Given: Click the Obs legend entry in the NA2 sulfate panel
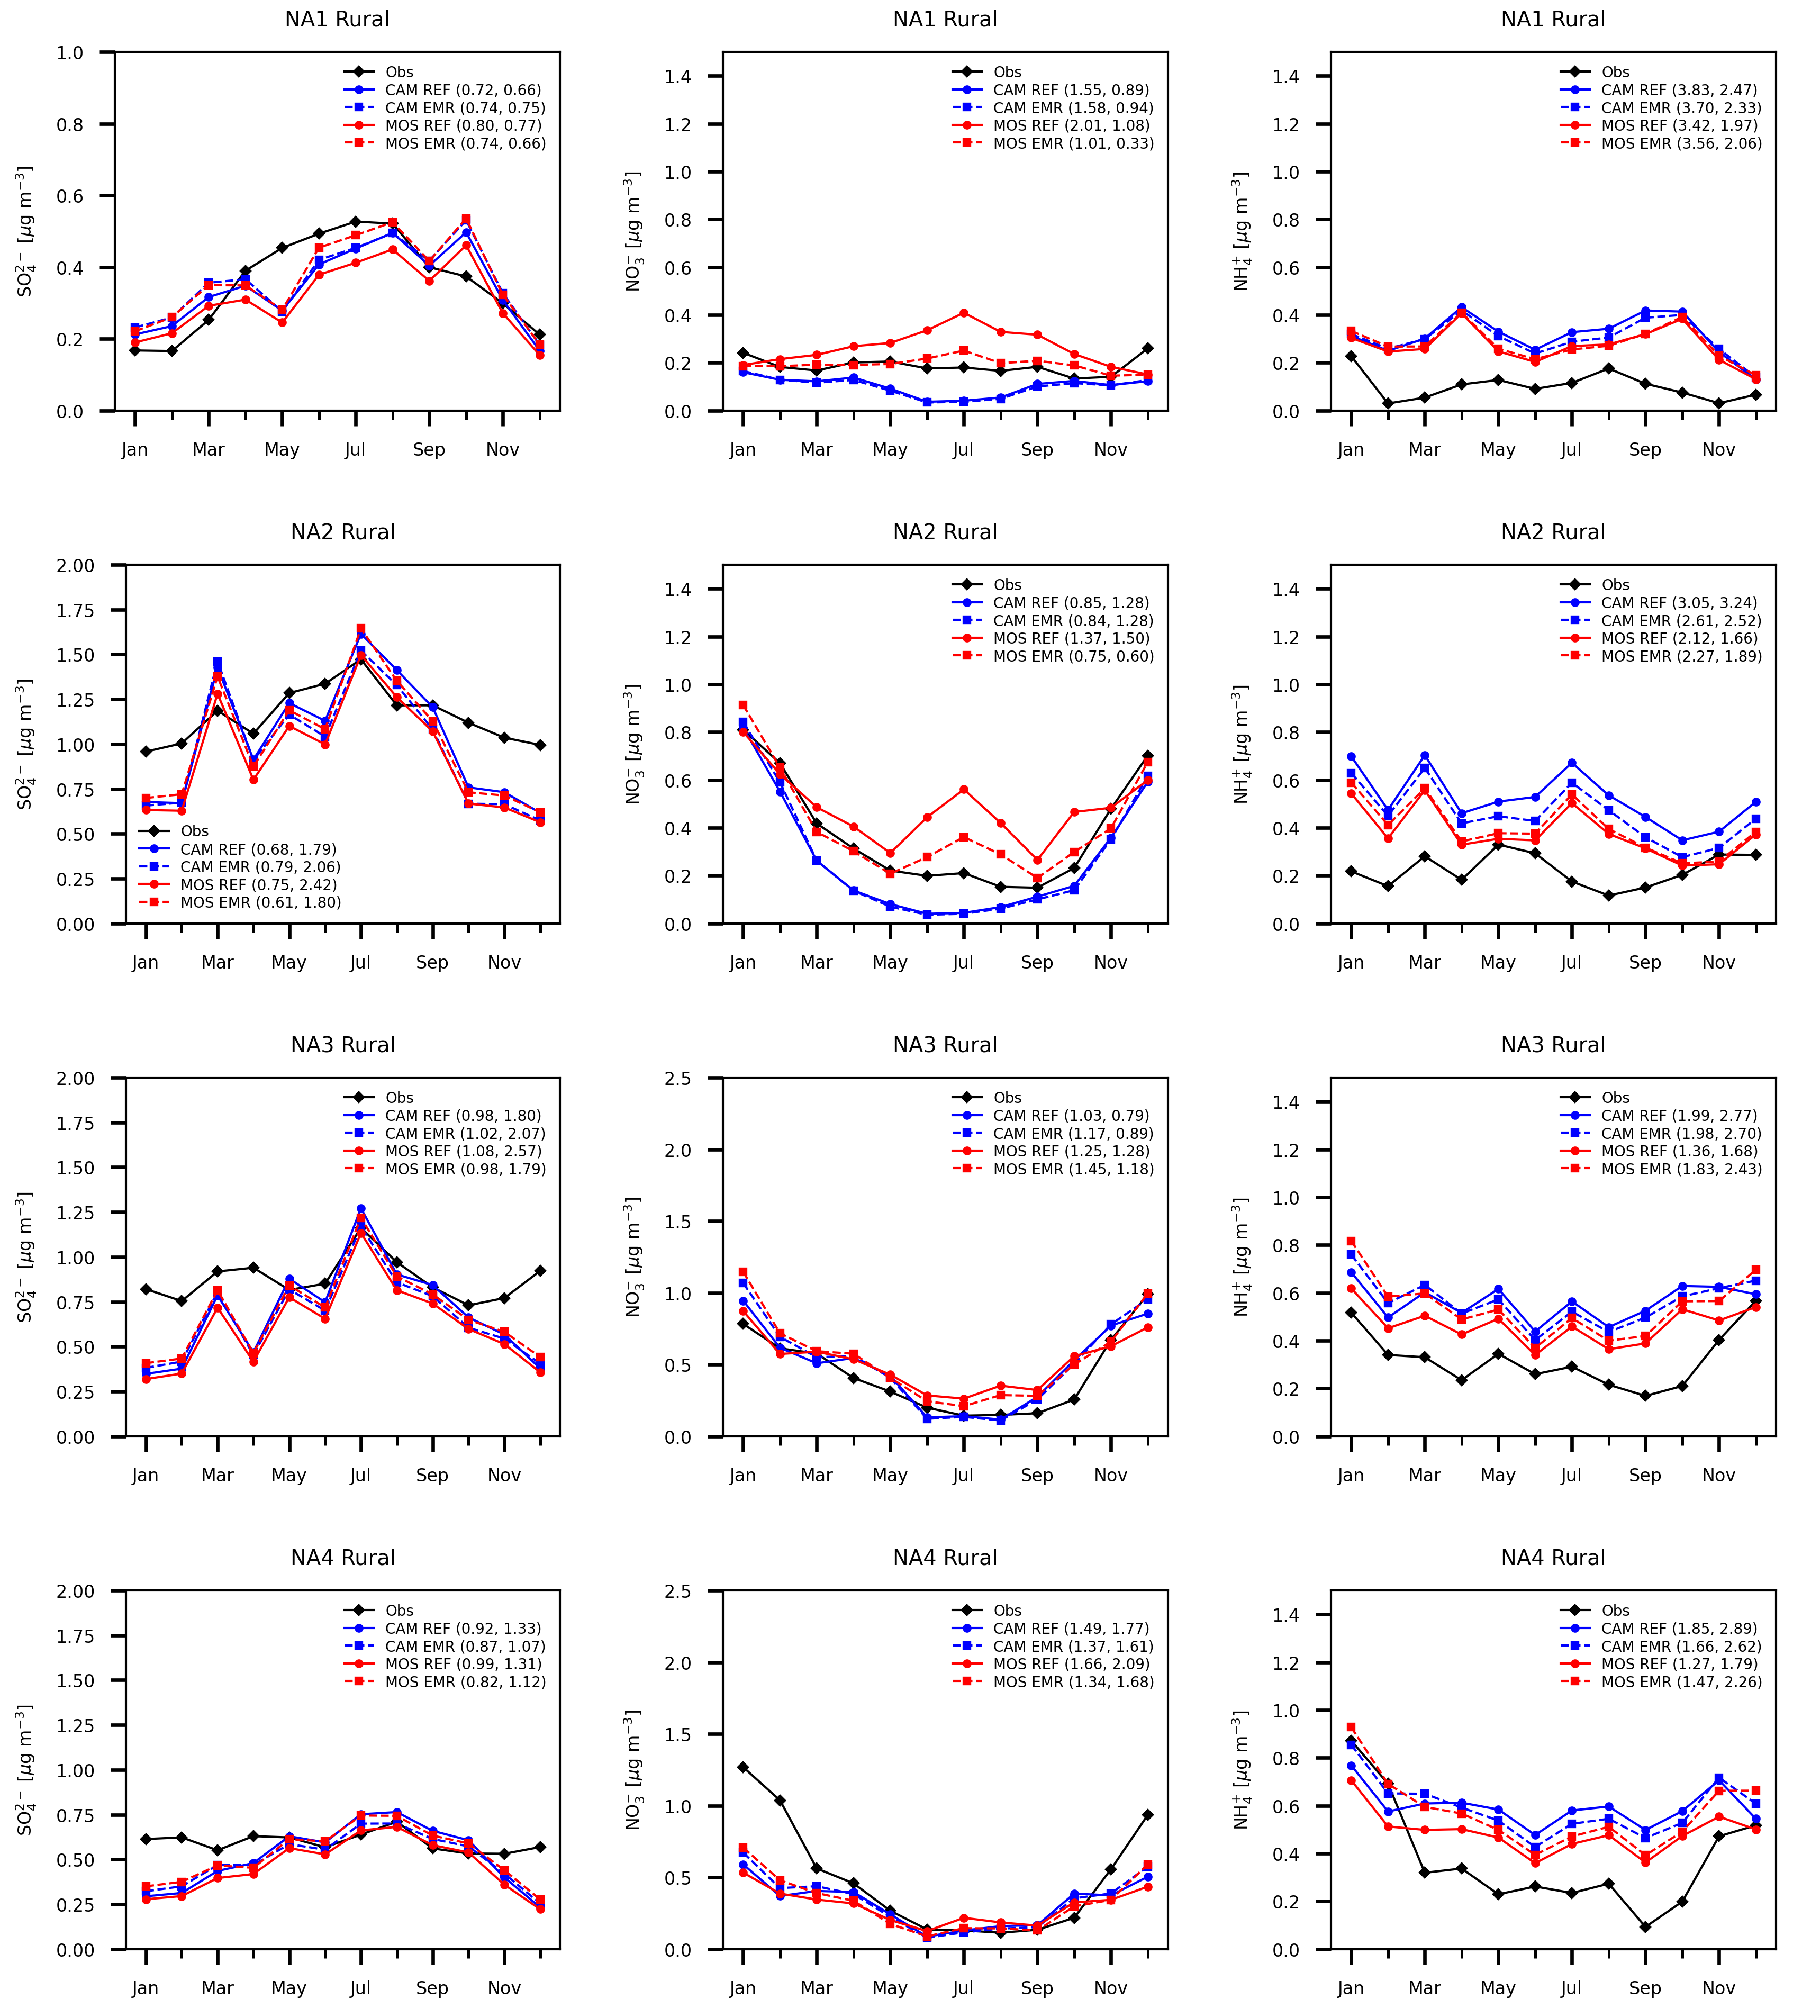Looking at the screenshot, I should pos(194,830).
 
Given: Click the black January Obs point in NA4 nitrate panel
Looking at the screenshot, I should pos(743,1767).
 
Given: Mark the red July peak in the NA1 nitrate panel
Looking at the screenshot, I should pos(964,313).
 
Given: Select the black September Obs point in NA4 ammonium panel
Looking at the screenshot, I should pos(1645,1926).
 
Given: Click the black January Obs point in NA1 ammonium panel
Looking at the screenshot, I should pos(1351,357).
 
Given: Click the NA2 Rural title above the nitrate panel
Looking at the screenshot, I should pos(945,532).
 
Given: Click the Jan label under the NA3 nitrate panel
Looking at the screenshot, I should pos(743,1475).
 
